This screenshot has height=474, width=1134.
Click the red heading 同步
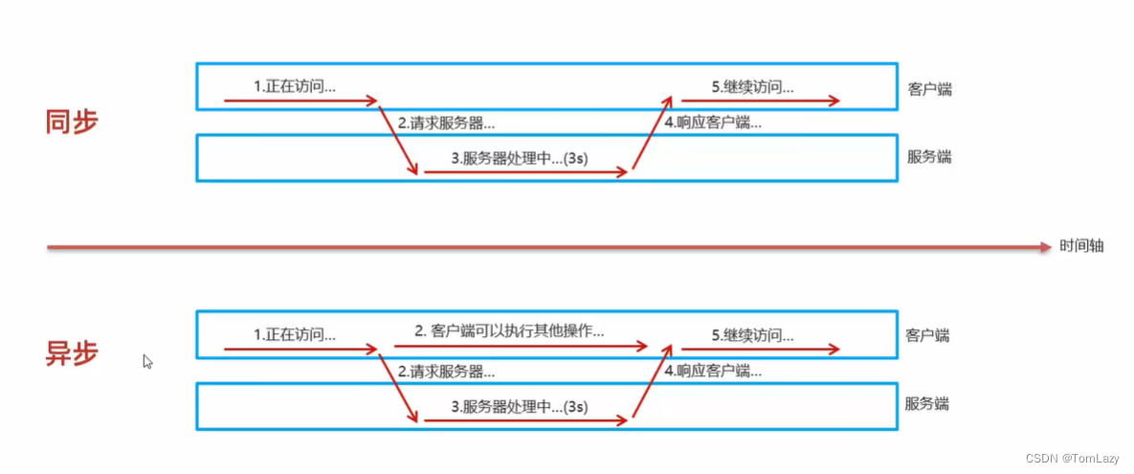[72, 122]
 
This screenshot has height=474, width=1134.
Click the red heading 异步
[72, 353]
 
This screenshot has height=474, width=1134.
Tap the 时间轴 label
[1081, 246]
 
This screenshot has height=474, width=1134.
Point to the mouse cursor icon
[147, 361]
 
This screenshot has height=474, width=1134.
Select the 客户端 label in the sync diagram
[930, 89]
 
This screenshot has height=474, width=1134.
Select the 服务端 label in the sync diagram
[929, 156]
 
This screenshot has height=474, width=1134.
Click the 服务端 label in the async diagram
[927, 403]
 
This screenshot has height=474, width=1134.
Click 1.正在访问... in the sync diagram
[294, 86]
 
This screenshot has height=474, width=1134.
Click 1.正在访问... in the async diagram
[294, 335]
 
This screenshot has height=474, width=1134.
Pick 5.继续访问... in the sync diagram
[752, 87]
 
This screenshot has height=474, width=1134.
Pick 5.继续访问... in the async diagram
[752, 336]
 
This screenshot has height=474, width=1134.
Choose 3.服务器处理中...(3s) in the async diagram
[520, 406]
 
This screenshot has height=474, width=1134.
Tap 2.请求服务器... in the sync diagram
[446, 123]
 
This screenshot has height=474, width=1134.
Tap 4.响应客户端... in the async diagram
[713, 371]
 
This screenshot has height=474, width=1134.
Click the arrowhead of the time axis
[1046, 247]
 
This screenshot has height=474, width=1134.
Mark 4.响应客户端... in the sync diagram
[713, 123]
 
